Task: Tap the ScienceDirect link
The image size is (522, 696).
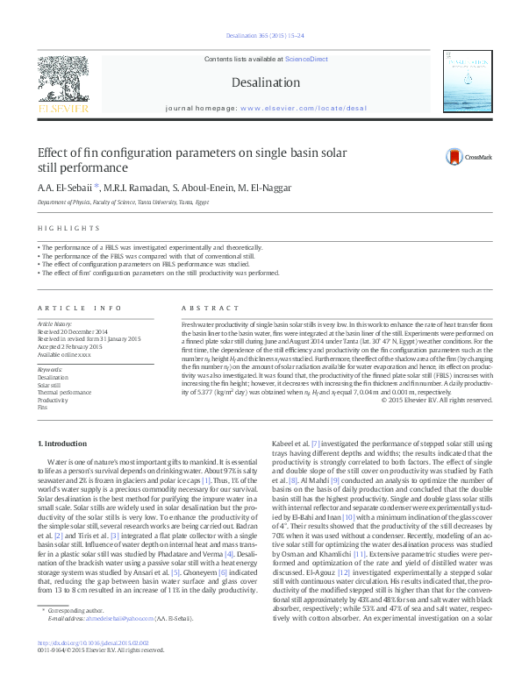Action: point(306,58)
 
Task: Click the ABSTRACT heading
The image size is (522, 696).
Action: point(204,308)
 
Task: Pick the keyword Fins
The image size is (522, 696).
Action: point(42,408)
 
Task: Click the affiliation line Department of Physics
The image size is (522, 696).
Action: point(122,202)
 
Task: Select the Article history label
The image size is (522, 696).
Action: point(55,323)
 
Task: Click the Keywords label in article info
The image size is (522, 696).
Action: point(50,369)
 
